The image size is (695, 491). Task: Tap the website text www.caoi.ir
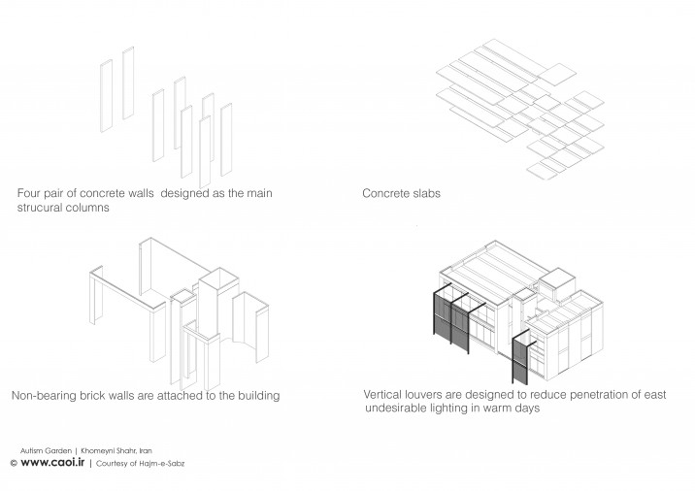pyautogui.click(x=52, y=462)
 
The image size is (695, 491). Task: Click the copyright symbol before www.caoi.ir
pyautogui.click(x=14, y=463)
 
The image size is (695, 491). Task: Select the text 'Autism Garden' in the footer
pyautogui.click(x=46, y=450)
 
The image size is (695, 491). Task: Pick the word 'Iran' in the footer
pyautogui.click(x=146, y=450)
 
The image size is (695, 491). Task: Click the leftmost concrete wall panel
pyautogui.click(x=107, y=96)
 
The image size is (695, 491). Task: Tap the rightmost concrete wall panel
pyautogui.click(x=226, y=140)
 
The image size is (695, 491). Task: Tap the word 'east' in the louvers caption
pyautogui.click(x=654, y=394)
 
